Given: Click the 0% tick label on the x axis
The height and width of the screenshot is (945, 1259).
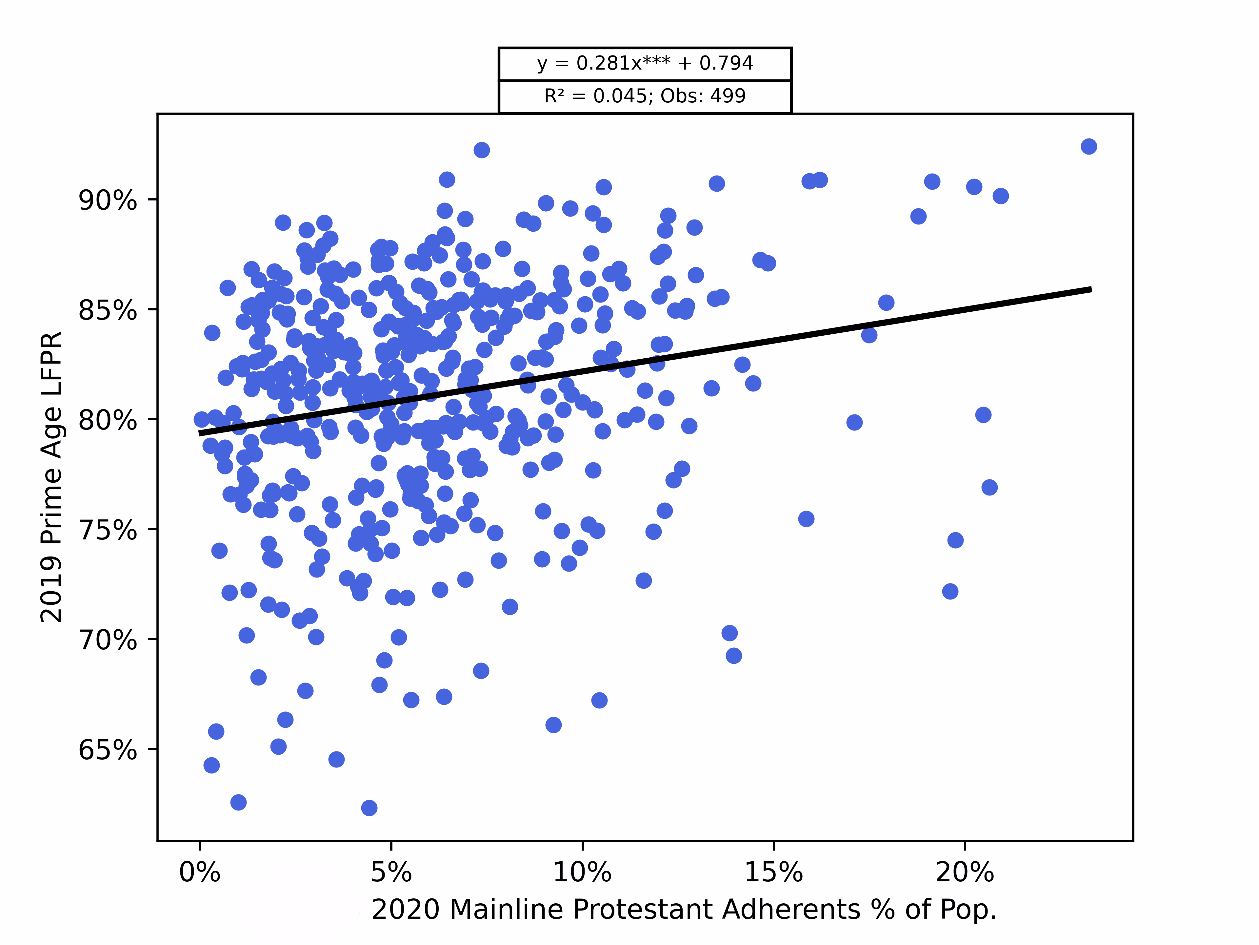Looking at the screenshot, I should tap(200, 872).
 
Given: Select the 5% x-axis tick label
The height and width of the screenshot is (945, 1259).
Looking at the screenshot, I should tap(391, 872).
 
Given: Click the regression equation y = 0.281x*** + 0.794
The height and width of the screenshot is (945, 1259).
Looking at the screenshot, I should tap(645, 63).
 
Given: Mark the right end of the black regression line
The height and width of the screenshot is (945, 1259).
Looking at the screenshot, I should tap(1090, 289).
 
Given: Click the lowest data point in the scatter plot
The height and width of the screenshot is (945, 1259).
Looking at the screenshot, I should tap(369, 808).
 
